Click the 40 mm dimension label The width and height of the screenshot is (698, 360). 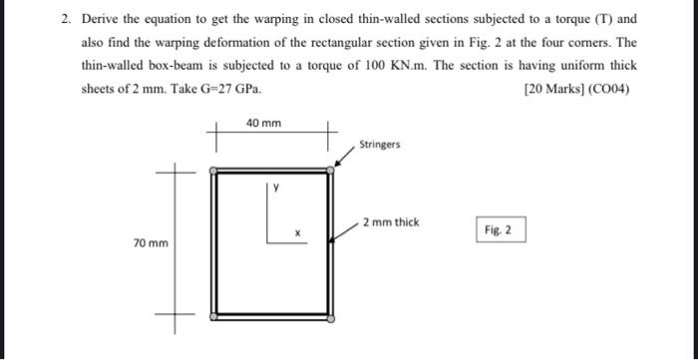263,124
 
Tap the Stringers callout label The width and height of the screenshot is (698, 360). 379,145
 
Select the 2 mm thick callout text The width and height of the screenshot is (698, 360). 391,221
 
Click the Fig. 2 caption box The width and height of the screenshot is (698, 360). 499,230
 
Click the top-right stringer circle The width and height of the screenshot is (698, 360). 332,171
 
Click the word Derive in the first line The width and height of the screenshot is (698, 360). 99,19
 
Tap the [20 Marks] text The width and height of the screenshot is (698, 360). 552,88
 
